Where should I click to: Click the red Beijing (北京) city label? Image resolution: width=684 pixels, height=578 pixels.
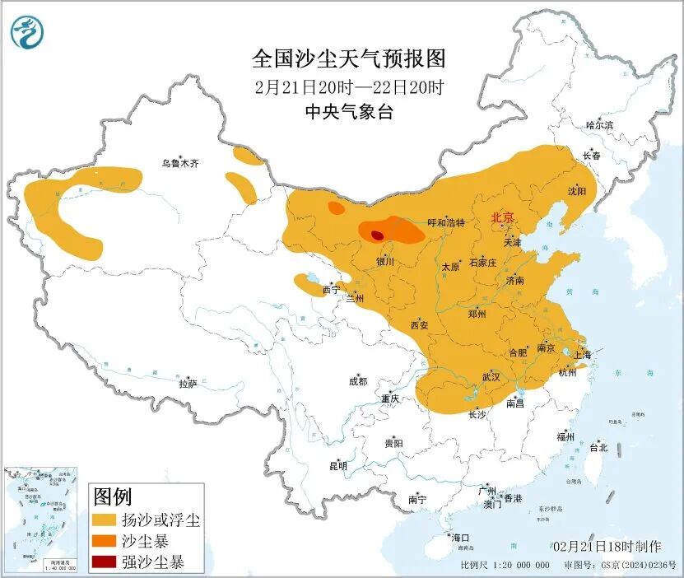pyautogui.click(x=502, y=217)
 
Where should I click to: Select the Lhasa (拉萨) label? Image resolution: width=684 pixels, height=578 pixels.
pyautogui.click(x=188, y=383)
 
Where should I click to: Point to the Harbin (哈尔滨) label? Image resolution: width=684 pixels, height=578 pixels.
pyautogui.click(x=599, y=125)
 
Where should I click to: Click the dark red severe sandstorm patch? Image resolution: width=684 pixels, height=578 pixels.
pyautogui.click(x=377, y=235)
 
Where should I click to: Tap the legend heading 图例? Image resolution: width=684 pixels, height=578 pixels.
pyautogui.click(x=113, y=497)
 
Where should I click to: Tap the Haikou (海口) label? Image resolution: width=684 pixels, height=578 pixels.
pyautogui.click(x=461, y=538)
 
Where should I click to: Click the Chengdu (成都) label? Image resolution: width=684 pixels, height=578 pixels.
pyautogui.click(x=357, y=381)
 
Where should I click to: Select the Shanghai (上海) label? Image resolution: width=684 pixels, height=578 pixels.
pyautogui.click(x=582, y=354)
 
